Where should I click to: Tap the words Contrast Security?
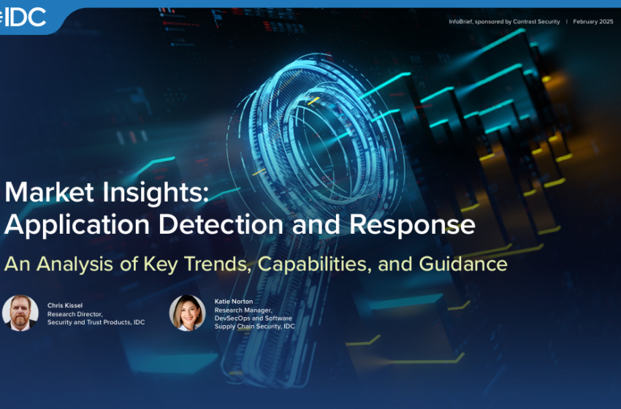[x=537, y=22]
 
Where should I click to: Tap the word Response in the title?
[x=413, y=224]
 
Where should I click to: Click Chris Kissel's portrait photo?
[x=20, y=313]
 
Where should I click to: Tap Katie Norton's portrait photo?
[x=187, y=313]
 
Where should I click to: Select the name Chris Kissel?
[x=64, y=305]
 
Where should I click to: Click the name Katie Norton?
[x=234, y=302]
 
